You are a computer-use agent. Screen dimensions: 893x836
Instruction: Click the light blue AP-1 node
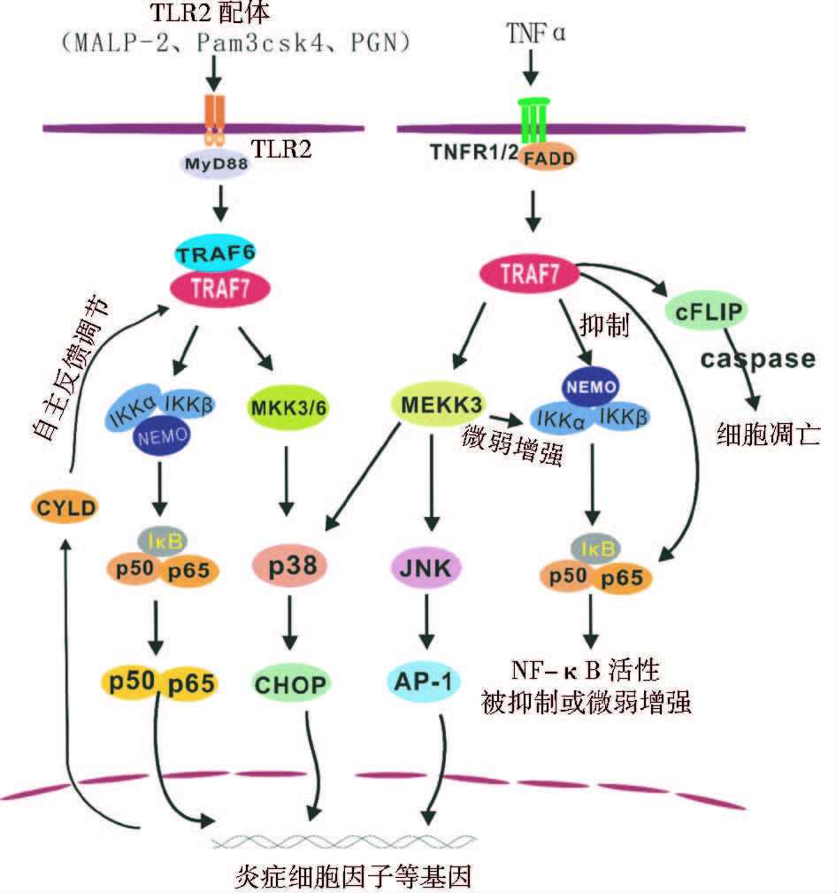tap(428, 682)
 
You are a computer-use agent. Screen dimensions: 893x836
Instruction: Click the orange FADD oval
tap(549, 158)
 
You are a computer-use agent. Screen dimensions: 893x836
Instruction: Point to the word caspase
tap(759, 358)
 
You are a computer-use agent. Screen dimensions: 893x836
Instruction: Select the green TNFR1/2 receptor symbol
tap(533, 119)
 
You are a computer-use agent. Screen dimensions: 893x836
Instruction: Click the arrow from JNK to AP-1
tap(428, 625)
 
